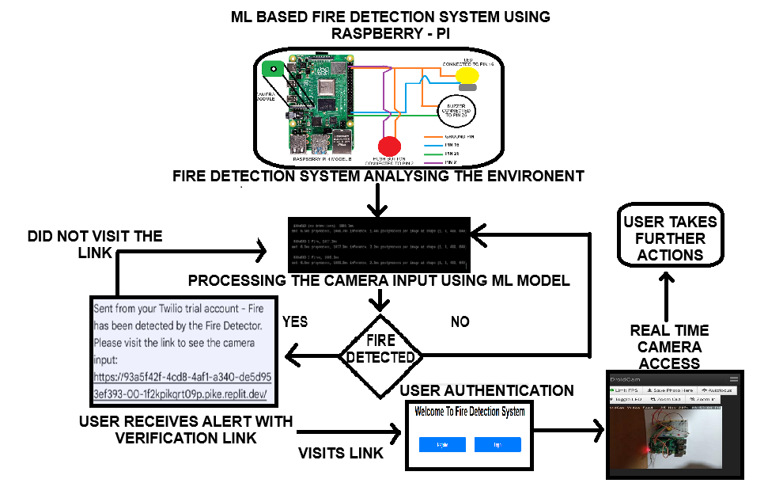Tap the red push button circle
(x=389, y=146)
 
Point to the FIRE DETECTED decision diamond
(x=380, y=349)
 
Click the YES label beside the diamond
(x=294, y=322)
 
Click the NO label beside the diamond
(x=460, y=322)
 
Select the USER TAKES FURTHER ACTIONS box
(x=669, y=238)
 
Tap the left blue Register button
(x=441, y=445)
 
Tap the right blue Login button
(x=497, y=445)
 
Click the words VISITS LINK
(x=341, y=453)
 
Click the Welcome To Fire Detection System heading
(x=470, y=412)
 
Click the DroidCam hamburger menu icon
(x=732, y=379)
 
